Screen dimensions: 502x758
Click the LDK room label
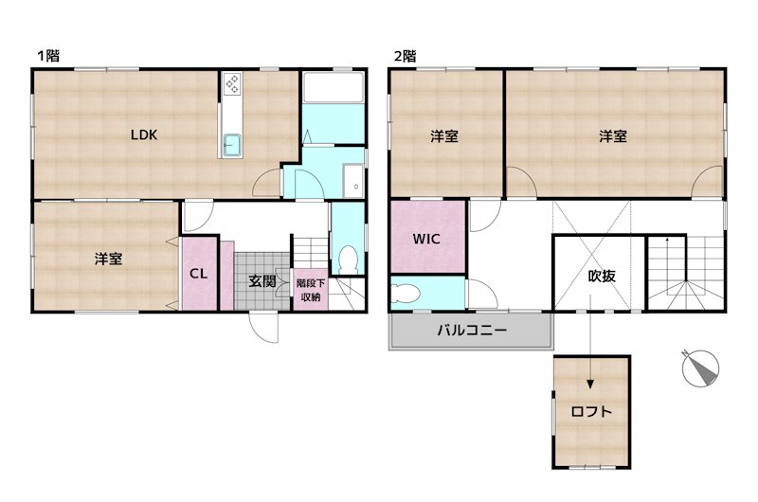pos(144,134)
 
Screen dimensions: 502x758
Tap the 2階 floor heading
pos(405,56)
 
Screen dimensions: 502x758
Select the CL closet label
pos(199,275)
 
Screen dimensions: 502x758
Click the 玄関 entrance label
pos(262,280)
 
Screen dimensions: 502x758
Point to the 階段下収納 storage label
pos(309,290)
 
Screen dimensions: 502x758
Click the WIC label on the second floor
pos(426,239)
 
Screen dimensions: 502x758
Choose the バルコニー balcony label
pos(471,332)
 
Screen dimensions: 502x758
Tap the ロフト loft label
pos(591,412)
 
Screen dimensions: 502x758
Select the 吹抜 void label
pos(602,277)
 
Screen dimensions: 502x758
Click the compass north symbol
pos(701,368)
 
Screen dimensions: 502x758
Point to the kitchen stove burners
pos(233,86)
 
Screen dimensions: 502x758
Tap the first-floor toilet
pos(347,258)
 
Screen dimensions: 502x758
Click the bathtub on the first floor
pos(333,90)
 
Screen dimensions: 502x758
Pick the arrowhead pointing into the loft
pos(590,384)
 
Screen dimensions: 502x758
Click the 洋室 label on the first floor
pos(107,258)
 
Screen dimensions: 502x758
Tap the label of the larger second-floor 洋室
pos(612,136)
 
